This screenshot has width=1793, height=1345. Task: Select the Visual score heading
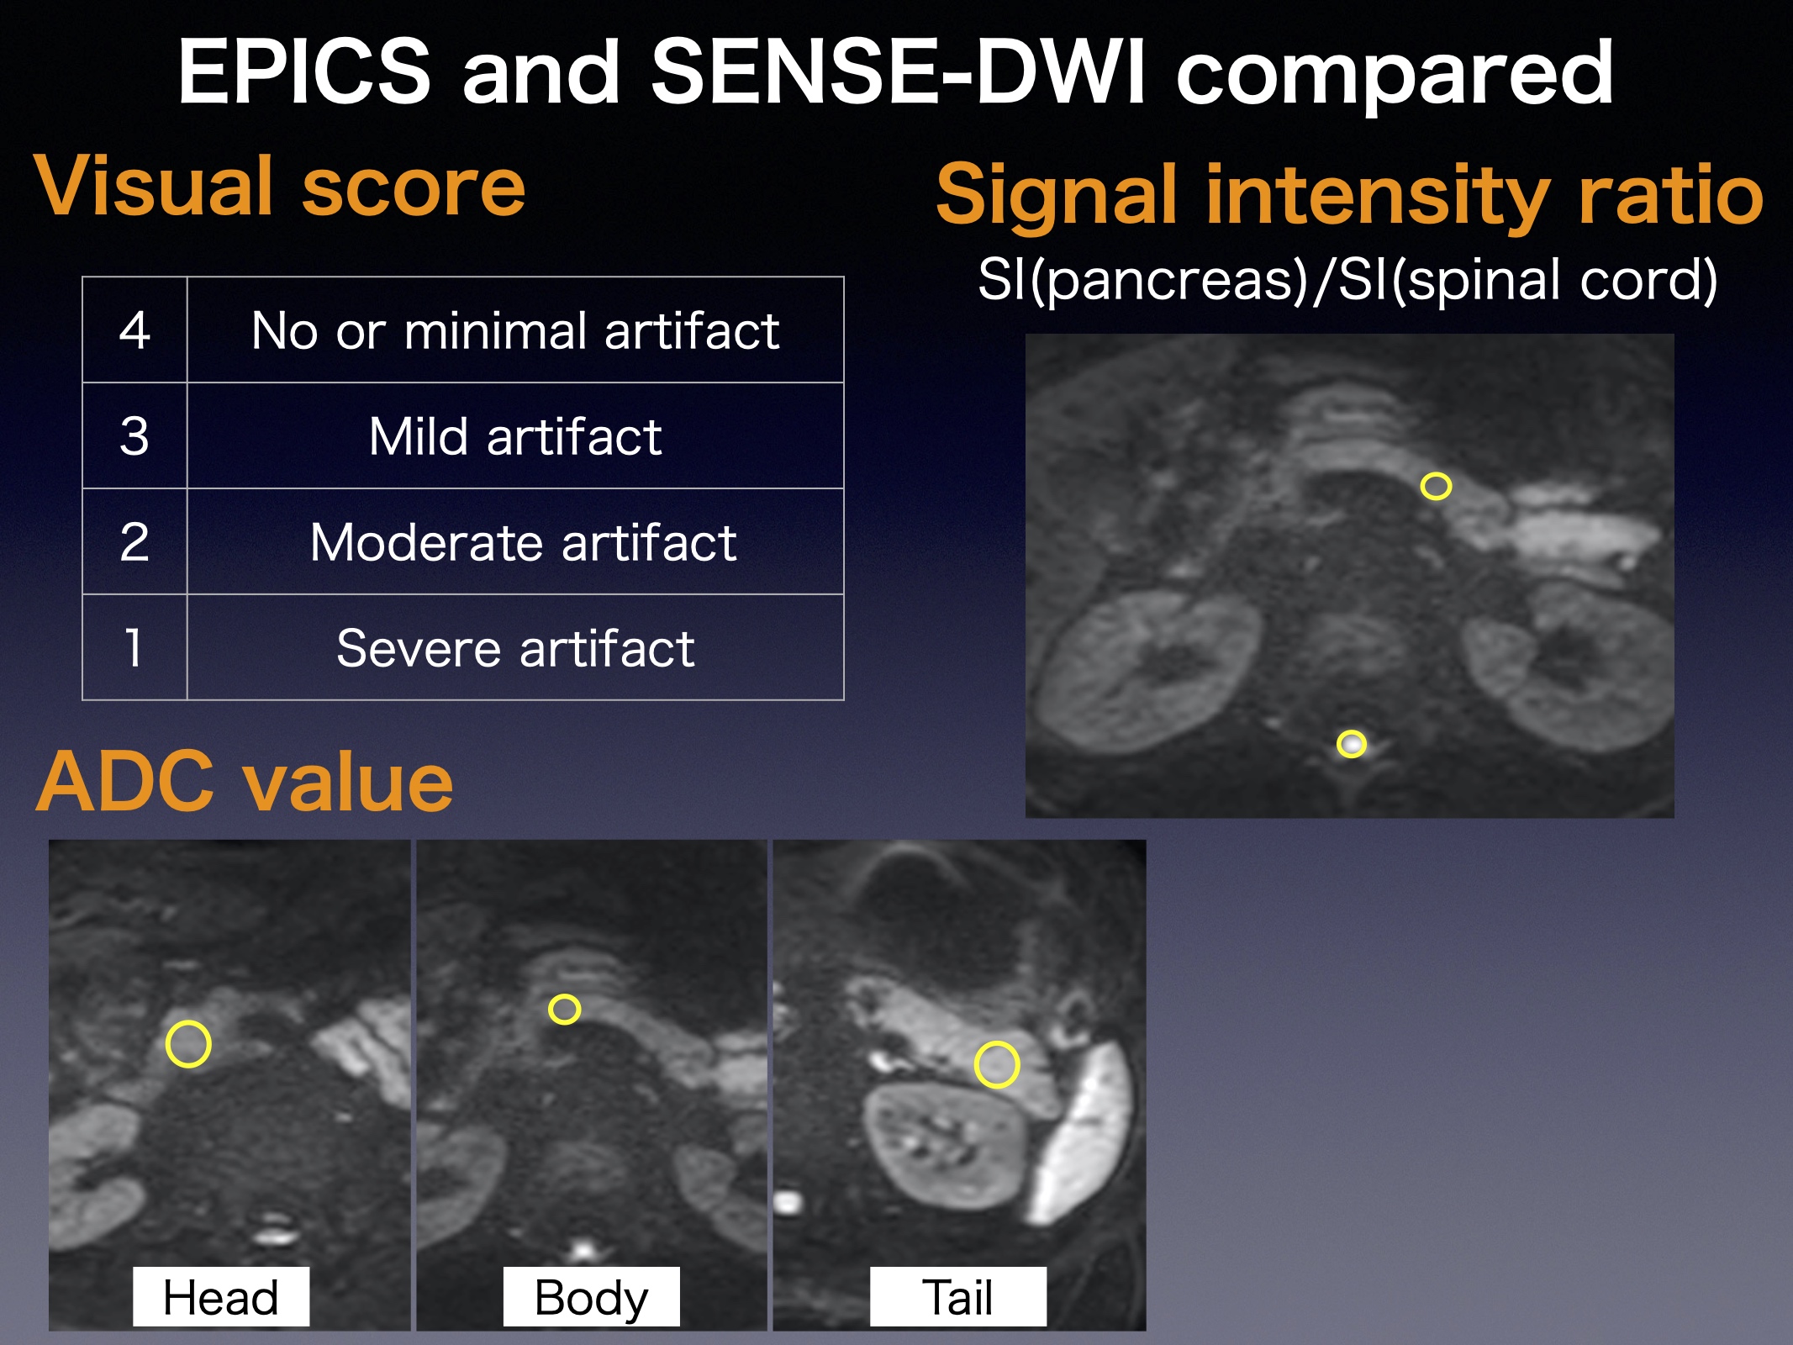tap(280, 186)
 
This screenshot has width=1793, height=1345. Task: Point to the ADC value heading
tap(245, 782)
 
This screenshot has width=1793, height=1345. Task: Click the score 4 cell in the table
tap(134, 330)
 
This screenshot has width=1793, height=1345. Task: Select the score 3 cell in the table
tap(134, 435)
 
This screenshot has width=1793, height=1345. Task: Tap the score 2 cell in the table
tap(134, 541)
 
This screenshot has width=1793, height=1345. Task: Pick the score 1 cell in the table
tap(134, 647)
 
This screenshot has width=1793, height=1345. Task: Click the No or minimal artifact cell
tap(515, 330)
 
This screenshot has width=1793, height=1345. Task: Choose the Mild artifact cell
tap(515, 435)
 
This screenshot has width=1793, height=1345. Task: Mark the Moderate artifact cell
tap(515, 541)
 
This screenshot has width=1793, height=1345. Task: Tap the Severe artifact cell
tap(515, 647)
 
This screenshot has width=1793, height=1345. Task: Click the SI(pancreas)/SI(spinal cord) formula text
tap(1347, 280)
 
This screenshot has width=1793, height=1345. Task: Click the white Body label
tap(591, 1296)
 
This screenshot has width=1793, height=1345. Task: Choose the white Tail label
tap(958, 1296)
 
